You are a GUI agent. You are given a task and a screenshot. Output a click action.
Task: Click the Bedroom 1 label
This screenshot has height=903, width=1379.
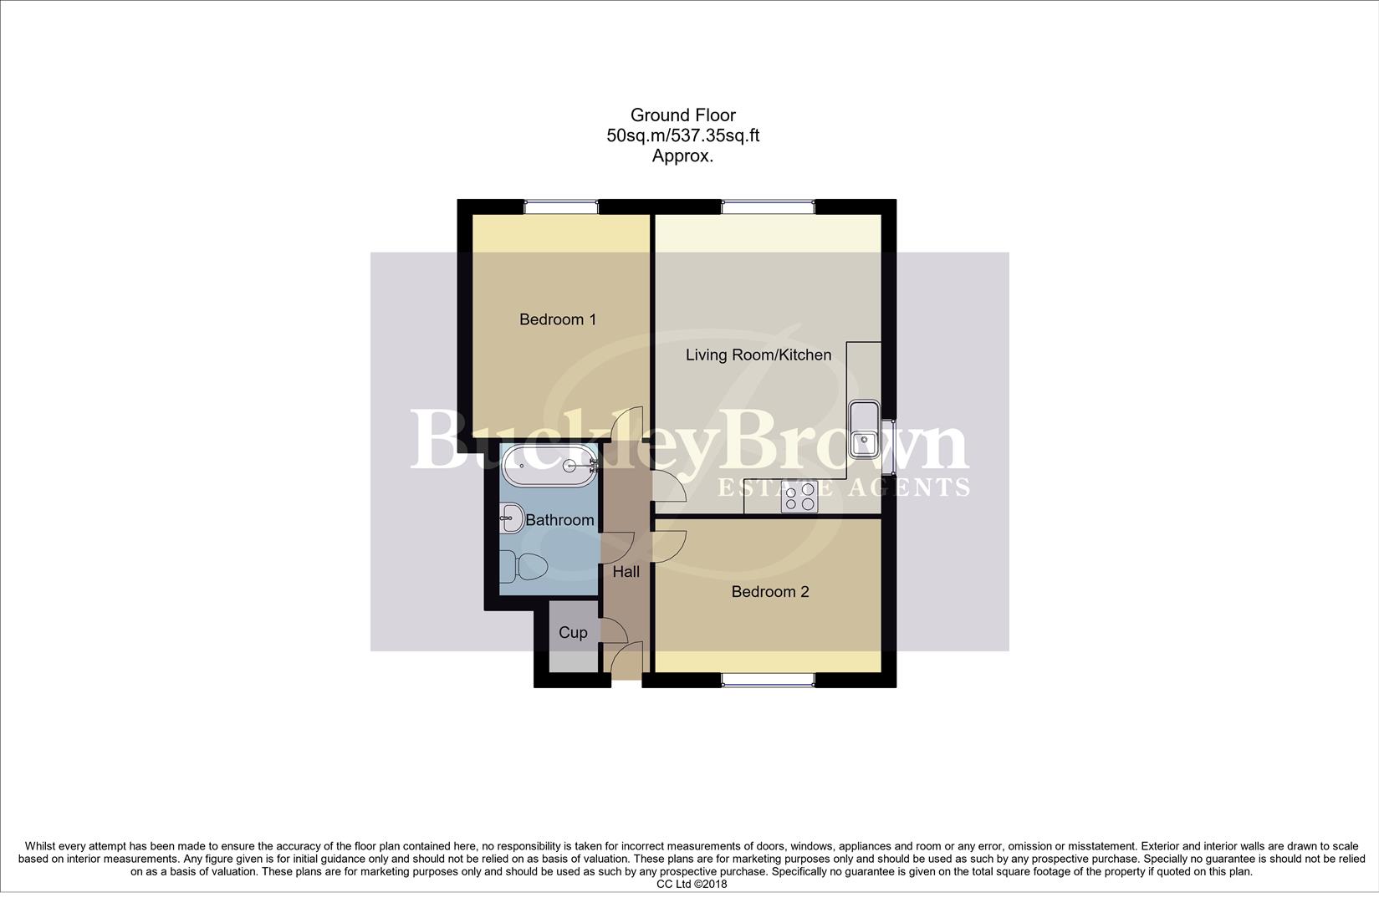558,319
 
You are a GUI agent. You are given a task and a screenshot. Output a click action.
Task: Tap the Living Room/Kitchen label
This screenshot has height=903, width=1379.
758,355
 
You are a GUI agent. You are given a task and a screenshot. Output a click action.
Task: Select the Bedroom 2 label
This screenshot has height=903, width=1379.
769,592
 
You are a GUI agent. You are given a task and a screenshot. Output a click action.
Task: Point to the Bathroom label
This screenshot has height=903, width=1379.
559,520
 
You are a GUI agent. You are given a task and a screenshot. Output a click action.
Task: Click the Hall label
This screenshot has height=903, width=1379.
626,572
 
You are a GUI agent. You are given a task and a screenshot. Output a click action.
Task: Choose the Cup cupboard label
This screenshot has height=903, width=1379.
573,633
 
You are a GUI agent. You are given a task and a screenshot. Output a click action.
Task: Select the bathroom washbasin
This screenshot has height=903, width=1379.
511,518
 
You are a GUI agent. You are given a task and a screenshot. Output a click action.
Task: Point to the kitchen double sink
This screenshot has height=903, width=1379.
863,429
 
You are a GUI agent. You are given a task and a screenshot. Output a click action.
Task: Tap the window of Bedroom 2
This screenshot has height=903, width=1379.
768,680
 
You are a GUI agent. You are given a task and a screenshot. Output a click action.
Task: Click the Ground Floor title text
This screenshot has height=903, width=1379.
682,115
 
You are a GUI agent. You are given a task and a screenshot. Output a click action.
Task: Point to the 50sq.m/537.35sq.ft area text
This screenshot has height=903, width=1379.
682,135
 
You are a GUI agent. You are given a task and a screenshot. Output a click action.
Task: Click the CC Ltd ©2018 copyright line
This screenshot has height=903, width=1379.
691,884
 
